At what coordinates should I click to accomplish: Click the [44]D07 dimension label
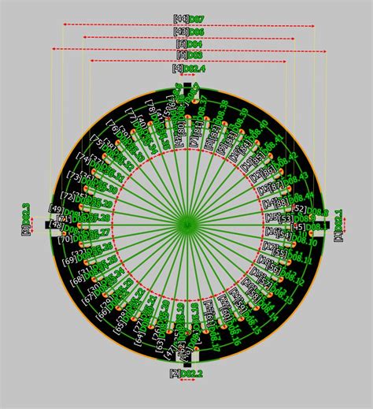click(x=187, y=18)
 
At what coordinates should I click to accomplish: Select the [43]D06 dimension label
click(x=187, y=32)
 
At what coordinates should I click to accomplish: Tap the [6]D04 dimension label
click(x=187, y=44)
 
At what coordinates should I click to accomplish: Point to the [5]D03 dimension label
click(x=187, y=55)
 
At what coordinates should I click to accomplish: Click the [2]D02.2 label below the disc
click(x=186, y=373)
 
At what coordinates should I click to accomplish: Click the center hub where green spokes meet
click(x=186, y=225)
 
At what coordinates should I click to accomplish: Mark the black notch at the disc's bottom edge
click(x=187, y=356)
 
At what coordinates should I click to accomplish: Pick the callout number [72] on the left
click(x=66, y=195)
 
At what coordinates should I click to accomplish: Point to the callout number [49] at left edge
click(x=56, y=208)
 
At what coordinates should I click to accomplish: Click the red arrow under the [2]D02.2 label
click(x=187, y=381)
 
